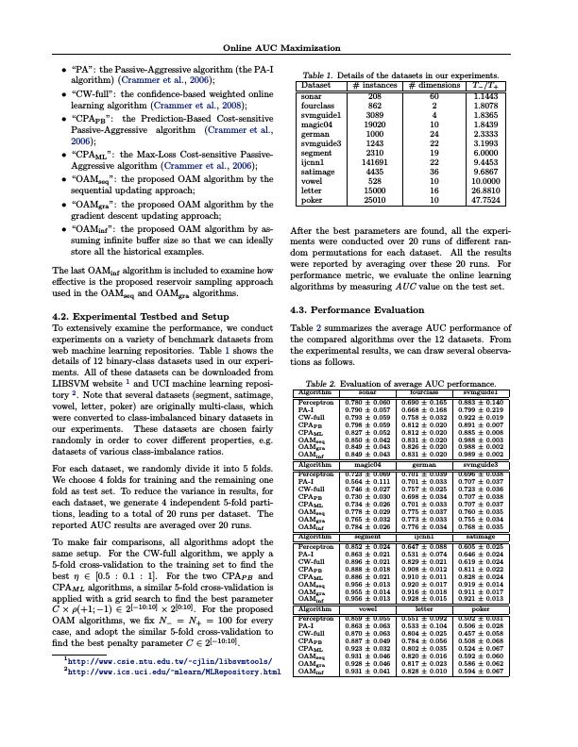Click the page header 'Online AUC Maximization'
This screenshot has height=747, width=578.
click(289, 47)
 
